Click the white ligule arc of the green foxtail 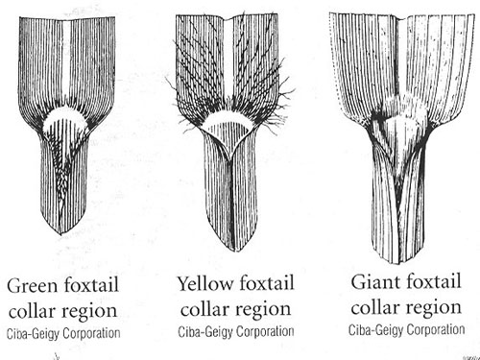pos(62,122)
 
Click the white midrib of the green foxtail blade pos(62,58)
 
